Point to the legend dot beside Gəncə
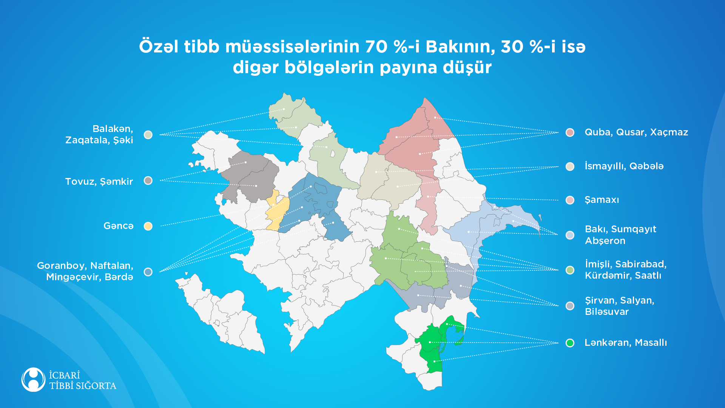148,226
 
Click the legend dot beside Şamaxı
570,200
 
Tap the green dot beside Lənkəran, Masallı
570,343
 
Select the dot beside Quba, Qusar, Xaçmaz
570,132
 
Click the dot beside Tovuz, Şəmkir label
148,181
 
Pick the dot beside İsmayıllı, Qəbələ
570,166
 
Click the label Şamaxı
602,200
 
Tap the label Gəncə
118,226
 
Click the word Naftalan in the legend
112,265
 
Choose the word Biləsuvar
606,312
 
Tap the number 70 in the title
377,47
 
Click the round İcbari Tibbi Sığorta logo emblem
33,379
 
